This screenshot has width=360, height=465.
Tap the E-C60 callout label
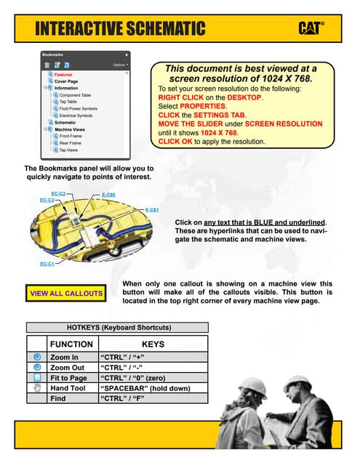pos(108,195)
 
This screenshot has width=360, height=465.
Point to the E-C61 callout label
pos(152,210)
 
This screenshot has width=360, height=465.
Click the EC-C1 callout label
pos(46,264)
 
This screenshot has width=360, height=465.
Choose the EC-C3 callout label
pos(47,200)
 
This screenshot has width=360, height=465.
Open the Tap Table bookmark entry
pos(69,102)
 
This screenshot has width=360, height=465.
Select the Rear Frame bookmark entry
pos(71,143)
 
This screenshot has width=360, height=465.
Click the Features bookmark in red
pos(63,75)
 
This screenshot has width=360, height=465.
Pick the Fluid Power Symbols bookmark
pos(78,109)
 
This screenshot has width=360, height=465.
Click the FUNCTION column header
pos(71,344)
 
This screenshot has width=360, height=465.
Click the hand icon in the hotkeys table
pos(37,388)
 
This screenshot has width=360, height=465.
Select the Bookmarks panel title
pos(53,54)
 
